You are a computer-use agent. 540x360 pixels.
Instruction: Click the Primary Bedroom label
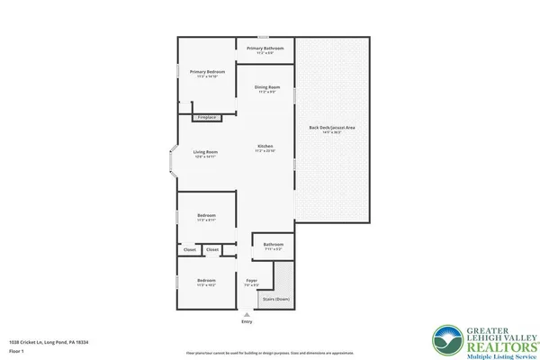pos(206,72)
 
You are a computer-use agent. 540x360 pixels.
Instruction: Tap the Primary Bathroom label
pos(265,48)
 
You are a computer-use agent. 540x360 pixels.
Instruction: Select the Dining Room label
pos(265,87)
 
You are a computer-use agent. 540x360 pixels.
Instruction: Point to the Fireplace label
pos(206,117)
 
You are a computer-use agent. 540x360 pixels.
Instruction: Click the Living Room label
pos(206,152)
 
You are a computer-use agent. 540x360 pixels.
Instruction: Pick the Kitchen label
pos(265,146)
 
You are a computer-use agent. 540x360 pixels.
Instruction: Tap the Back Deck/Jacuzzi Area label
pos(331,129)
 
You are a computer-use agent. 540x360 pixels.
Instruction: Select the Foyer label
pos(251,281)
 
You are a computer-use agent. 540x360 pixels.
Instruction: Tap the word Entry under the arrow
pos(247,321)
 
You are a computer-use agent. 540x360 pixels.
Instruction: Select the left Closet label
pos(189,249)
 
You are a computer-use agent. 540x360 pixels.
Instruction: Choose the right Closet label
pos(212,249)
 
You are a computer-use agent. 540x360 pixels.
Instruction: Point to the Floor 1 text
pos(16,351)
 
